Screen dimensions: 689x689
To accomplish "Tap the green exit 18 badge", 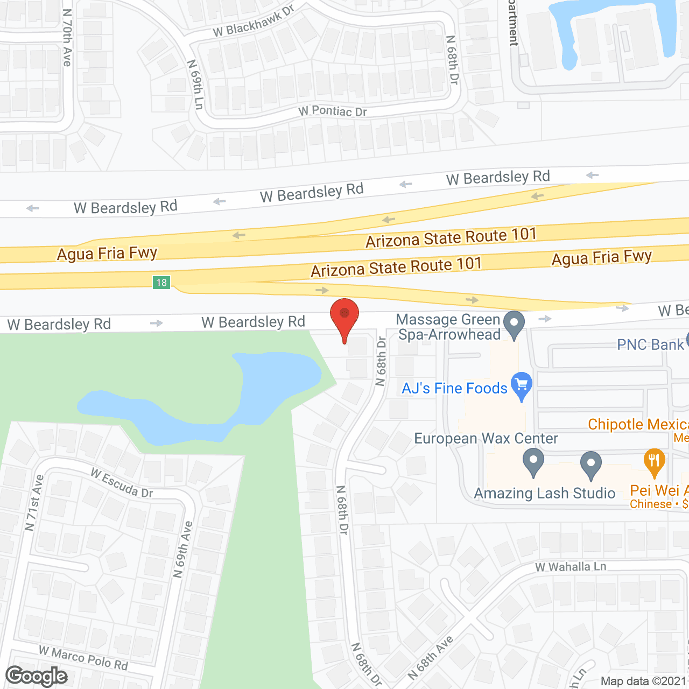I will point(161,283).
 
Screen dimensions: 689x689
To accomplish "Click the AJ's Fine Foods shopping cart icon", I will point(521,385).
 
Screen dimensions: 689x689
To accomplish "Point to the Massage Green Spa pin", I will point(514,324).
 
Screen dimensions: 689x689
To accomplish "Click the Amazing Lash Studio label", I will point(544,493).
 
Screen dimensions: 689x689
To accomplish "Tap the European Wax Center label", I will point(486,439).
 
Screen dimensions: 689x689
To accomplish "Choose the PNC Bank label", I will point(650,344).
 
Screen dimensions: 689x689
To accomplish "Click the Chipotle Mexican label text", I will point(638,424).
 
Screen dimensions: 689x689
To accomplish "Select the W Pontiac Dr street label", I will point(333,111).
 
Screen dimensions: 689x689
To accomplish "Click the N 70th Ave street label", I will point(67,38).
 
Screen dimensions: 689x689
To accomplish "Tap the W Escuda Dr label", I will point(122,483).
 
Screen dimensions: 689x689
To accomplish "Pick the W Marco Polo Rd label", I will point(83,658).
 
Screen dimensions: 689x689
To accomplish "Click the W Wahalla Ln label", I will point(571,567).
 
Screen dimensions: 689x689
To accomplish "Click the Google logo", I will point(37,676).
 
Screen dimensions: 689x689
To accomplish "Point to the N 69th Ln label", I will point(195,84).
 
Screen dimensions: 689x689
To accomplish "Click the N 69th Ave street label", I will point(182,549).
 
